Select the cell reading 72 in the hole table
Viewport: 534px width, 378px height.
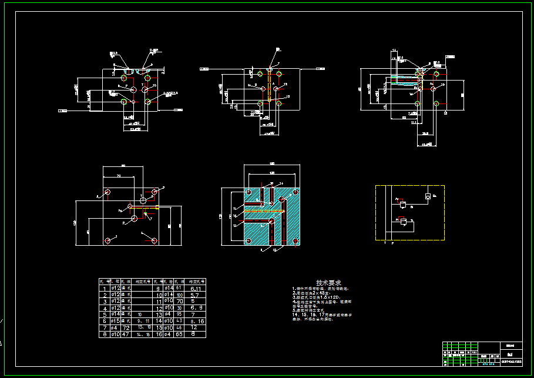(x=125, y=327)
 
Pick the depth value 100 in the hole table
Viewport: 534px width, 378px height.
(x=179, y=295)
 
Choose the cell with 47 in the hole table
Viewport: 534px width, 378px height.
(x=125, y=334)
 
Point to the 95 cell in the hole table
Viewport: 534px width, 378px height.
(x=179, y=315)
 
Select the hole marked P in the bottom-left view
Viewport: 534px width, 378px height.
(x=134, y=219)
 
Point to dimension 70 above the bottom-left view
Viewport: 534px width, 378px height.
(x=119, y=175)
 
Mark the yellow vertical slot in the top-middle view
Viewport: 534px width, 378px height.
(x=269, y=86)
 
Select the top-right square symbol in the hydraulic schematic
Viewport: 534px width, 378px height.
(x=427, y=196)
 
